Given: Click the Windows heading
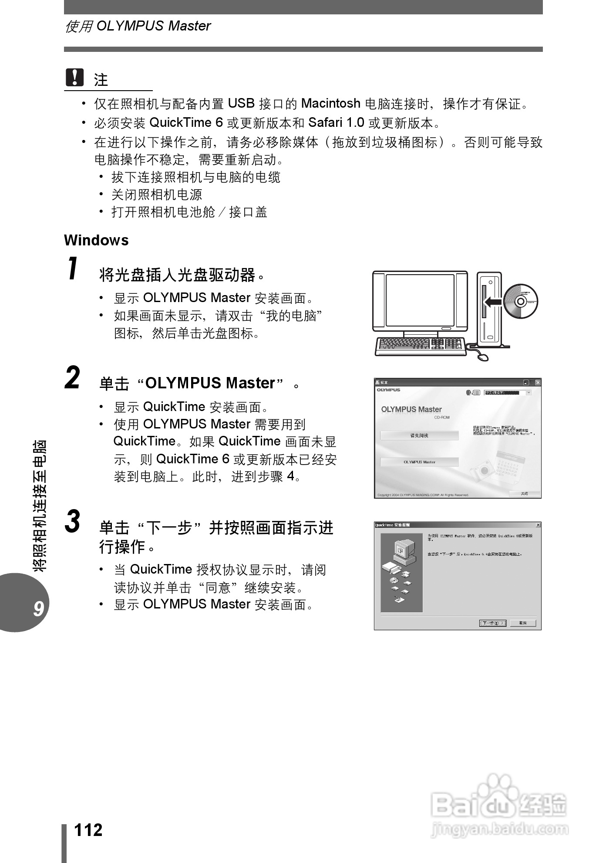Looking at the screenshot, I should point(96,240).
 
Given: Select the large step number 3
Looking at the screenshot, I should point(73,521).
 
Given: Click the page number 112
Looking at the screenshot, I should point(88,830).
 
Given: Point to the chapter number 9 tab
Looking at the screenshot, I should point(38,608).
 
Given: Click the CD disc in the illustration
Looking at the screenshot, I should point(521,301).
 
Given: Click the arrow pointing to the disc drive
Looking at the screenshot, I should point(493,301).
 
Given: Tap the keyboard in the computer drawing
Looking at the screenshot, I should point(420,345).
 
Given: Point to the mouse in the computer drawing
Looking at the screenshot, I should point(483,357).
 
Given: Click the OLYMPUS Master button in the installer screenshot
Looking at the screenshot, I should point(419,462).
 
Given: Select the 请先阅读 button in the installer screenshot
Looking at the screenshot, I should point(419,435).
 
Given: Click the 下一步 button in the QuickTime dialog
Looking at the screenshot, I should point(492,623).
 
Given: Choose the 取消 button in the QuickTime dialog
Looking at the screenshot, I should point(523,623).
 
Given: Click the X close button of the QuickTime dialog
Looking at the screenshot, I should point(538,525).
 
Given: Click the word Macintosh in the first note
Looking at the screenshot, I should point(330,103).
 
